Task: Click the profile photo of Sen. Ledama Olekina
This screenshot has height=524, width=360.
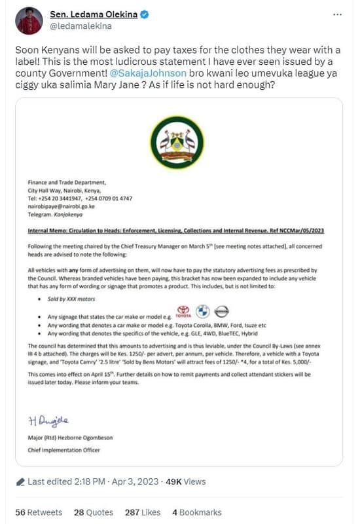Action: coord(28,21)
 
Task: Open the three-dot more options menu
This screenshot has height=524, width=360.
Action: coord(336,14)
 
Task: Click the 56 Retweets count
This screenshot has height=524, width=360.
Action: coord(39,512)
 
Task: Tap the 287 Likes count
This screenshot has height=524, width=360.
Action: coord(142,512)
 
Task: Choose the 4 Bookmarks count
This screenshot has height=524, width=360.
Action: coord(197,512)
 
